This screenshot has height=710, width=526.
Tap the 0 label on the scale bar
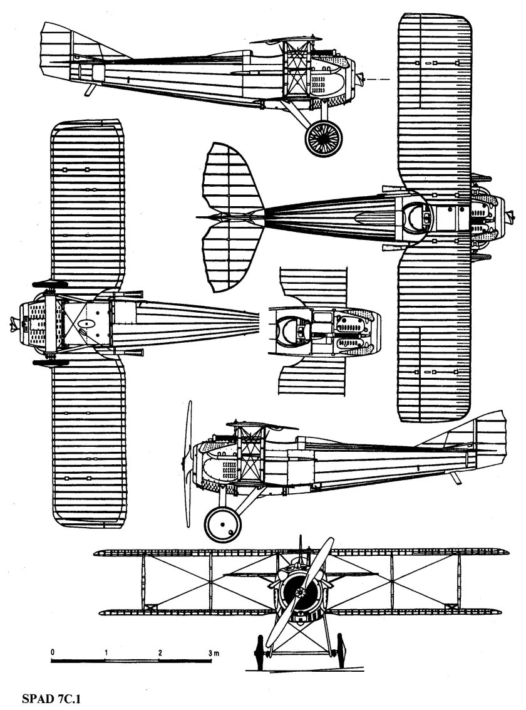click(x=53, y=652)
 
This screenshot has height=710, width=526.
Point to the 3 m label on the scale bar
click(x=213, y=652)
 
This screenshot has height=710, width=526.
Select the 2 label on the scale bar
click(x=160, y=652)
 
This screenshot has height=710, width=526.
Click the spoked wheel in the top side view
click(x=324, y=137)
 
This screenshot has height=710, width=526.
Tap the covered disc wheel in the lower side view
click(x=223, y=523)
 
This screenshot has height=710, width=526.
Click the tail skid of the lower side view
click(x=456, y=478)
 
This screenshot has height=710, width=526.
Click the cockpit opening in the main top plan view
click(x=415, y=219)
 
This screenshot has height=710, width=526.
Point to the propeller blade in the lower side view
click(x=187, y=464)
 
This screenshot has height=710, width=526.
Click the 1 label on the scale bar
click(x=107, y=652)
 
